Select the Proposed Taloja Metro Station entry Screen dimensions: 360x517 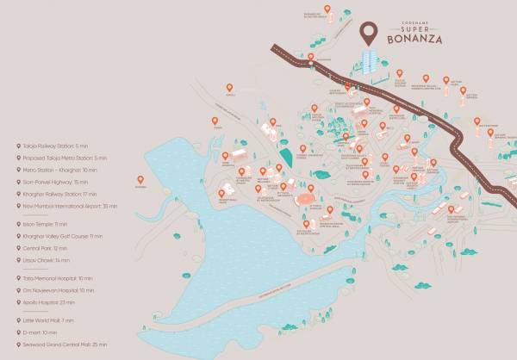62,158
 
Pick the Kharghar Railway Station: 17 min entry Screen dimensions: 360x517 60,194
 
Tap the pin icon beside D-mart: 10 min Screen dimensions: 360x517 19,332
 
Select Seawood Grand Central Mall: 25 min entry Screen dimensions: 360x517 65,344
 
